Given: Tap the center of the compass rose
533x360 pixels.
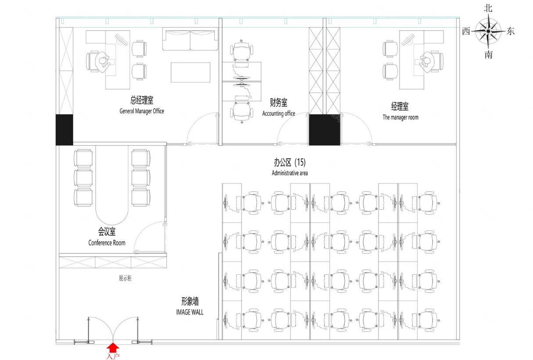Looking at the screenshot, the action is pos(488,31).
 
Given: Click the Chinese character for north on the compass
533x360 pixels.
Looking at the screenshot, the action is pos(488,8).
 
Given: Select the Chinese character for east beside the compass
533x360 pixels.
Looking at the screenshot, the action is pos(510,31).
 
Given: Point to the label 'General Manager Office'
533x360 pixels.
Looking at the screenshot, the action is pos(141,111).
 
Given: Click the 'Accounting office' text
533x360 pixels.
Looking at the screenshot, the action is pos(279,114).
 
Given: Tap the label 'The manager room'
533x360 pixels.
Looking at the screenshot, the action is pos(400,117).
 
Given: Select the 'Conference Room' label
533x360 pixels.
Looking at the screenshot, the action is pos(107,243).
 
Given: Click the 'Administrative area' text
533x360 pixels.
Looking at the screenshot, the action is pos(290,173).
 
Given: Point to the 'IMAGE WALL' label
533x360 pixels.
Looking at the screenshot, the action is pos(190,312).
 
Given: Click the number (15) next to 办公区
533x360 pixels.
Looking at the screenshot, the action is pos(300,162).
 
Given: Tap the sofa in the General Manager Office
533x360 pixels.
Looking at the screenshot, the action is pos(190,39).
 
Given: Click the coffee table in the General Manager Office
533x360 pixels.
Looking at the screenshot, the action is pos(191,72).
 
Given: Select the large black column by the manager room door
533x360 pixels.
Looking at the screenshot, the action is pos(324,130).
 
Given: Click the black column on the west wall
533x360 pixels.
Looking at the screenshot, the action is pos(64,130).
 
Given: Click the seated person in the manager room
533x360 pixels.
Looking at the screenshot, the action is pos(427,62).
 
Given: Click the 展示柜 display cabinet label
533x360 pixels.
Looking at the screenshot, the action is pos(125,278).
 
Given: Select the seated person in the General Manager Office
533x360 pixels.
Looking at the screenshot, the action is pos(103,62).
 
